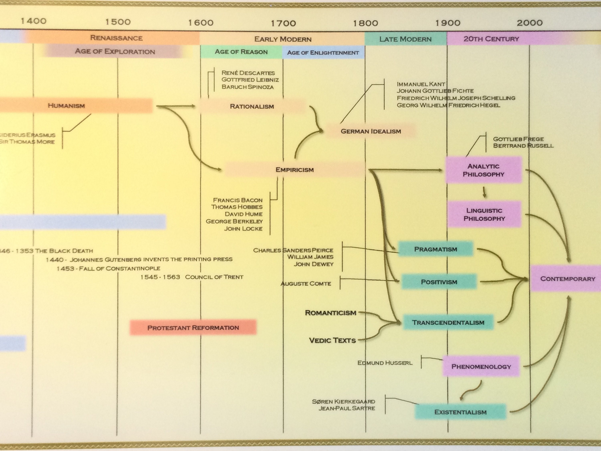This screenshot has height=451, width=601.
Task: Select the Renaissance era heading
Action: [116, 38]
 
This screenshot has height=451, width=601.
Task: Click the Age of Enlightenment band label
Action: [323, 53]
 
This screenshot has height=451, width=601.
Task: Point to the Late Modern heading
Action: [405, 39]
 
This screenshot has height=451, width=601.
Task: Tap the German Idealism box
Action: [371, 131]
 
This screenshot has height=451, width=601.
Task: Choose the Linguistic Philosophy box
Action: [484, 214]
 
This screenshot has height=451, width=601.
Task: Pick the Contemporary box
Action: [568, 279]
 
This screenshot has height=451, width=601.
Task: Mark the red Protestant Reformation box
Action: [193, 328]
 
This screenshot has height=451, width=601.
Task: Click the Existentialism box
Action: [460, 412]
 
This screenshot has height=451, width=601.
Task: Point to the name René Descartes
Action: [248, 73]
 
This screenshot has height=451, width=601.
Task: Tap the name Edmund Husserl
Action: [385, 363]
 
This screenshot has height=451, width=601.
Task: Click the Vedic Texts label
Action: [332, 340]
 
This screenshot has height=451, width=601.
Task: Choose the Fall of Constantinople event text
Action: [108, 269]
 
